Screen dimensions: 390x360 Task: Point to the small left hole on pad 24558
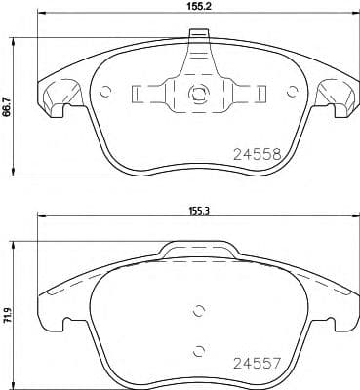click(x=107, y=95)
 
